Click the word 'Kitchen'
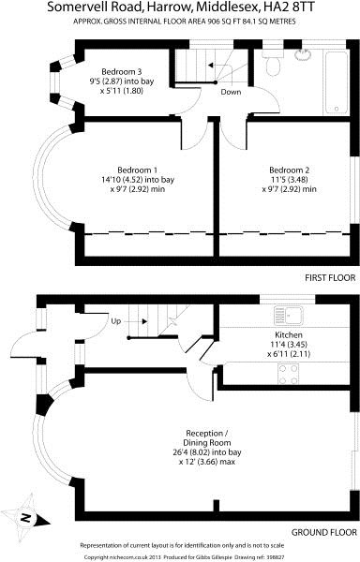tap(288, 333)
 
